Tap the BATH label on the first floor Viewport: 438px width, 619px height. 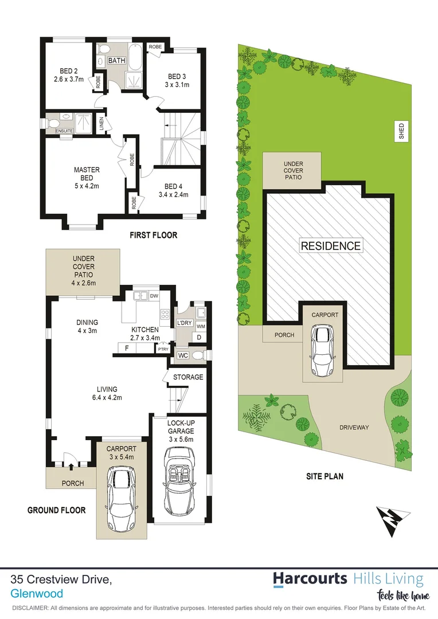pyautogui.click(x=117, y=61)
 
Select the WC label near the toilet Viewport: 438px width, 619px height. pyautogui.click(x=183, y=355)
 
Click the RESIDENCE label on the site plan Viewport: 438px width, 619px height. pyautogui.click(x=331, y=246)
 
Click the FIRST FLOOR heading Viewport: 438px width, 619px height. pyautogui.click(x=153, y=235)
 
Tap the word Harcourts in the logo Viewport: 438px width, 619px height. pyautogui.click(x=310, y=579)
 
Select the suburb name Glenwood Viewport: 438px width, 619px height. pyautogui.click(x=37, y=594)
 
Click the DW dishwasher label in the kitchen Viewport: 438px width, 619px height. pyautogui.click(x=153, y=296)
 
